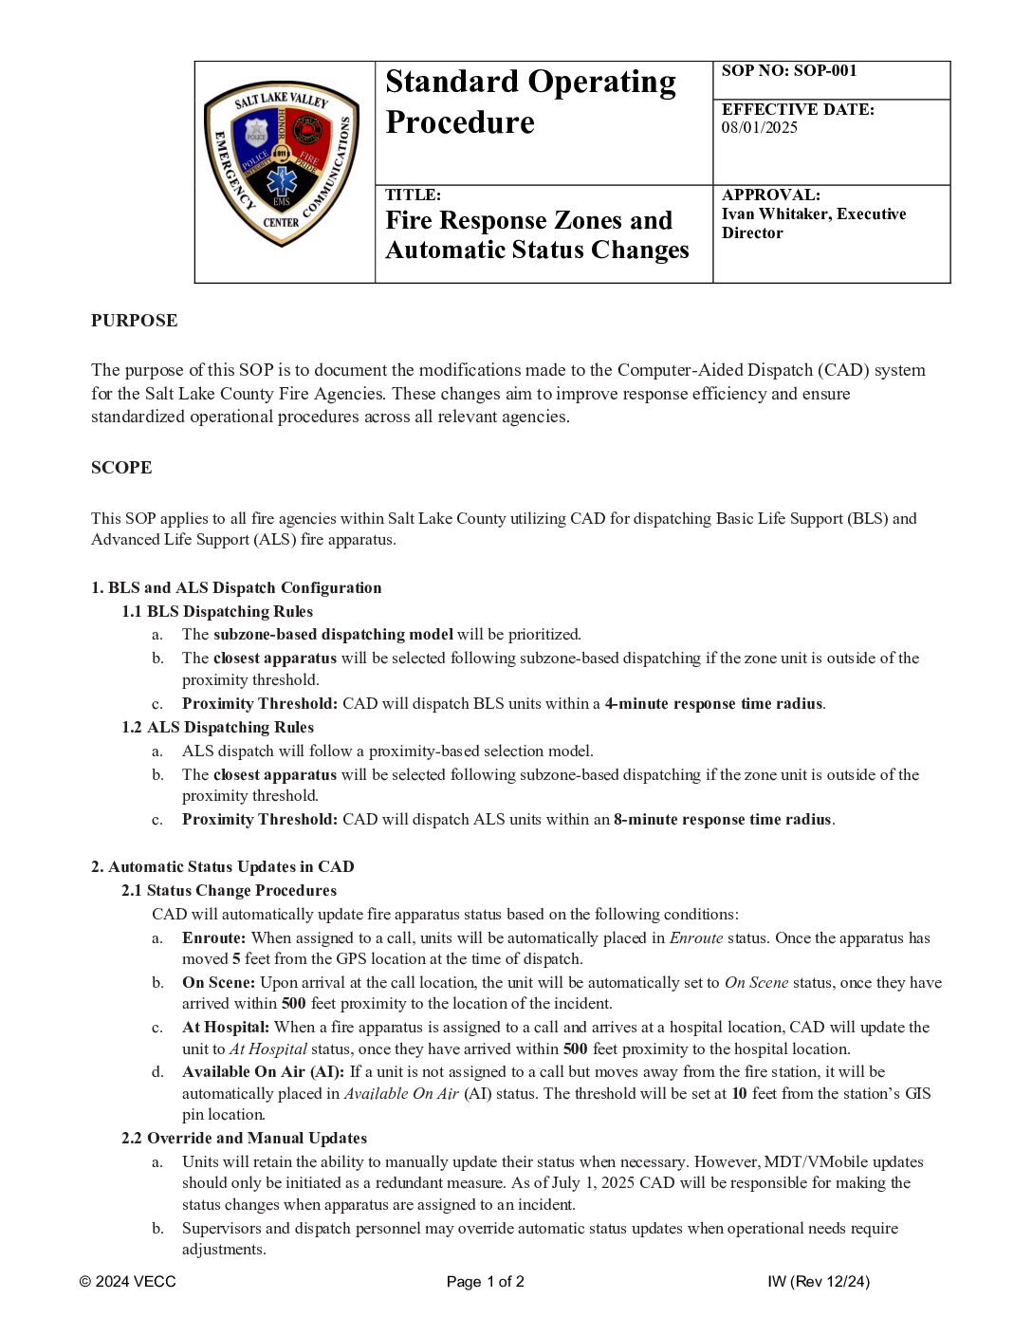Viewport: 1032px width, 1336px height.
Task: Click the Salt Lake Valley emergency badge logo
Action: [282, 163]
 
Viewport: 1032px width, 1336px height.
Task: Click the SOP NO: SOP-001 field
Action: [788, 71]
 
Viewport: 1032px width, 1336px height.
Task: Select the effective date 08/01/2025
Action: [759, 128]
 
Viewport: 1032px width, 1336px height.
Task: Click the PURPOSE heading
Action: [134, 321]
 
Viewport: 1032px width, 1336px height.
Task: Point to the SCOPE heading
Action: [121, 468]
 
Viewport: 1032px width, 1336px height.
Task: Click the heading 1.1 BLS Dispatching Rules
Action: [217, 612]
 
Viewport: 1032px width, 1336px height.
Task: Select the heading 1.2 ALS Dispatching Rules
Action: [217, 728]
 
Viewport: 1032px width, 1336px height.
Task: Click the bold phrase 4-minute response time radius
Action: [713, 704]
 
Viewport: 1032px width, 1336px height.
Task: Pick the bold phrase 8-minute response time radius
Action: [722, 820]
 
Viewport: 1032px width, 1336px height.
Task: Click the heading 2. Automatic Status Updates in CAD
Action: [222, 867]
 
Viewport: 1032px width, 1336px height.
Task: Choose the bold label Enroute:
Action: [214, 938]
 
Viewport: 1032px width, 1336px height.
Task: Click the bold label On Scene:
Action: [218, 983]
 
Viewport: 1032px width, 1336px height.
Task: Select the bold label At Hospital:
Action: [226, 1028]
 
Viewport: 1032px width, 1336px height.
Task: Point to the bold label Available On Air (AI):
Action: [264, 1072]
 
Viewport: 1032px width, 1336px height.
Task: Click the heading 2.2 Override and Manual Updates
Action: [244, 1139]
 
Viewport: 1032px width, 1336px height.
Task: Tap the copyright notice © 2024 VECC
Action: [128, 1282]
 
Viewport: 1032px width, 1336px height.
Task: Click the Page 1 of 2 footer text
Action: [486, 1282]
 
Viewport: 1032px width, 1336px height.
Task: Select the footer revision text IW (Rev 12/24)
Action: [819, 1282]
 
